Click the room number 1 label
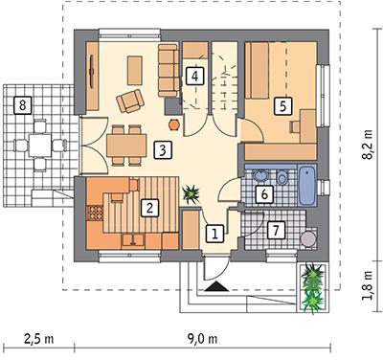214,234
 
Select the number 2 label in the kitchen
149,209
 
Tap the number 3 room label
163,150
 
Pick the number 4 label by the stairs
195,76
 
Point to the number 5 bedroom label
283,105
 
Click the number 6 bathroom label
264,193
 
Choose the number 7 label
276,230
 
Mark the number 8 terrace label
22,105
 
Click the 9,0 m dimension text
202,339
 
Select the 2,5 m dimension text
39,339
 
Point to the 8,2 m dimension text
369,145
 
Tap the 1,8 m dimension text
369,286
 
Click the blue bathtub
307,186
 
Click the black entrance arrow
216,286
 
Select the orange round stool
174,124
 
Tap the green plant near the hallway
191,193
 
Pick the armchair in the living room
130,101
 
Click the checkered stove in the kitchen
95,213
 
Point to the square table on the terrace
39,146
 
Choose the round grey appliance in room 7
308,239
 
